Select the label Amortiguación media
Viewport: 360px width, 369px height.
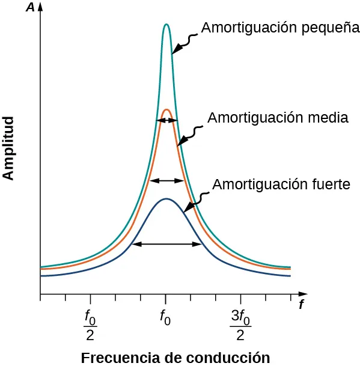coord(278,118)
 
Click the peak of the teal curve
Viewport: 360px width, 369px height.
coord(166,25)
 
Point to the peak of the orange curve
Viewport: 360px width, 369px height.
coord(166,109)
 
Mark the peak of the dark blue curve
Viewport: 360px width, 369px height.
coord(166,198)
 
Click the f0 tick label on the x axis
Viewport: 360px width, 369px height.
coord(165,316)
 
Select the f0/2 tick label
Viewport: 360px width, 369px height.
coord(90,324)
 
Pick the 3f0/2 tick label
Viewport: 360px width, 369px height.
coord(240,324)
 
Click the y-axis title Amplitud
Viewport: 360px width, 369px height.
coord(8,148)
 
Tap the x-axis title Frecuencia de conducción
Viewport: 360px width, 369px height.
coord(175,358)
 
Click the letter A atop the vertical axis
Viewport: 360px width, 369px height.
coord(29,9)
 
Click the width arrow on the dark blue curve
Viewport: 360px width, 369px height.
coord(166,244)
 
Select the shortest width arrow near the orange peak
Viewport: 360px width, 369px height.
coord(166,121)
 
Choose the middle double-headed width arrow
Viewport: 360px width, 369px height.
coord(166,180)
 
